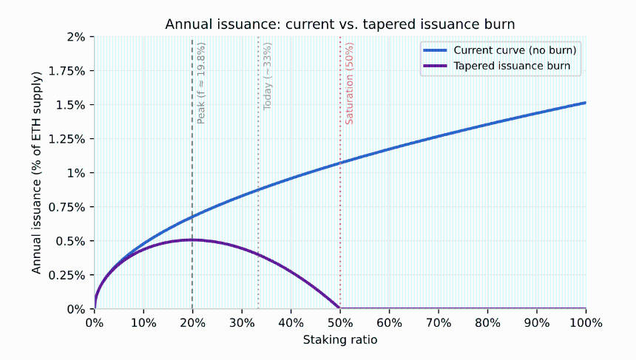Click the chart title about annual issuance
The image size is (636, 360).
pos(340,24)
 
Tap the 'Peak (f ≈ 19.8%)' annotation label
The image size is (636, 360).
pos(200,83)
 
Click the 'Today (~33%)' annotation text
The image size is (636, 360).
pos(267,76)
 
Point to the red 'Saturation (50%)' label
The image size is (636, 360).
pos(349,83)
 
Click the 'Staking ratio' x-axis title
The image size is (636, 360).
pos(340,340)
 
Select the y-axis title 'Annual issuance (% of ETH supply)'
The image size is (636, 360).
pos(36,173)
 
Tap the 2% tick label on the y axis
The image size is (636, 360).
pos(76,37)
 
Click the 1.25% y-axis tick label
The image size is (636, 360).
pos(67,139)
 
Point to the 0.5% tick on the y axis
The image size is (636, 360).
pos(70,241)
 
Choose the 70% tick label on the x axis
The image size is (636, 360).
pos(439,323)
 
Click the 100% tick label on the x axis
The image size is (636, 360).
pos(586,323)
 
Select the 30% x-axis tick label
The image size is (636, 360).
pos(242,323)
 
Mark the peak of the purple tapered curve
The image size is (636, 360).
pos(192,240)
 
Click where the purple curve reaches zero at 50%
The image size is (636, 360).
pos(340,308)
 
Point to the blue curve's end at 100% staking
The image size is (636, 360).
pos(586,103)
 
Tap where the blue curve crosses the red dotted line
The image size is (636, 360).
pos(340,163)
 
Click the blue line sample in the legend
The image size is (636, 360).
pos(436,50)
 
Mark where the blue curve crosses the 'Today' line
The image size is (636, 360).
pos(258,189)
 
